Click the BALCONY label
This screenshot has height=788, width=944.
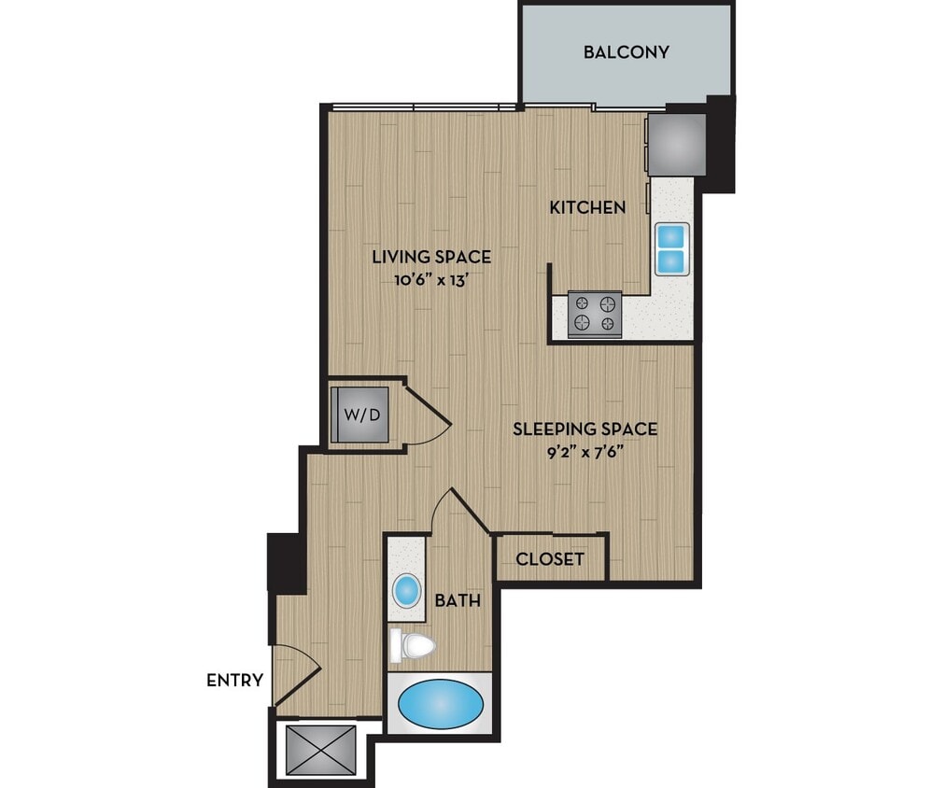(626, 52)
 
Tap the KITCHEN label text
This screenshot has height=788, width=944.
(586, 207)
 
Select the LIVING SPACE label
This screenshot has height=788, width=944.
(431, 257)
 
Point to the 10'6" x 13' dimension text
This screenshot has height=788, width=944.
(431, 278)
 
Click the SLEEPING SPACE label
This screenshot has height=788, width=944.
(585, 429)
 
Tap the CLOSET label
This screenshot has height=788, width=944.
(550, 559)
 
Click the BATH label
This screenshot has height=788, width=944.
(458, 600)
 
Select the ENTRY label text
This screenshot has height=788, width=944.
(234, 681)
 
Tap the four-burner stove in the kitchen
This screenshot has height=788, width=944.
(595, 313)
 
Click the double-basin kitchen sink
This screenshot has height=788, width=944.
(671, 248)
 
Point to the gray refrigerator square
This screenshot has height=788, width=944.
(678, 143)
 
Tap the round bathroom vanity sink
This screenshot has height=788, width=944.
(406, 590)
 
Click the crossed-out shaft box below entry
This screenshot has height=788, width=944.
(320, 749)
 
